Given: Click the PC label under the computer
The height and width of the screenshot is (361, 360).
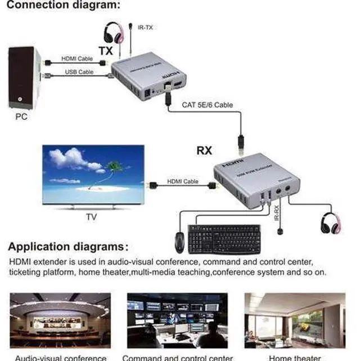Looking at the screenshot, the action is tap(21, 117).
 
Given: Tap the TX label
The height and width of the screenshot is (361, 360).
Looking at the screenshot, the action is tap(106, 51).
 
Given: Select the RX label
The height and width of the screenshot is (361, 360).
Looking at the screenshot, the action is tap(204, 150).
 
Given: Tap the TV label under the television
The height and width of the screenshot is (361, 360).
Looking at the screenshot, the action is tap(91, 216).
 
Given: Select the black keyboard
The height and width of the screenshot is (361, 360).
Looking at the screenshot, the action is tap(224, 239).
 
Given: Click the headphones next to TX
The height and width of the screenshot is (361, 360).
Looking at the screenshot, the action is tap(114, 33).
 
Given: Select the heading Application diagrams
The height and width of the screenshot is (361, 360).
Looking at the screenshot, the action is tap(68, 247).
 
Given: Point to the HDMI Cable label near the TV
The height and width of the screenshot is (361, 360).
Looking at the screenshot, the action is tap(183, 181).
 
